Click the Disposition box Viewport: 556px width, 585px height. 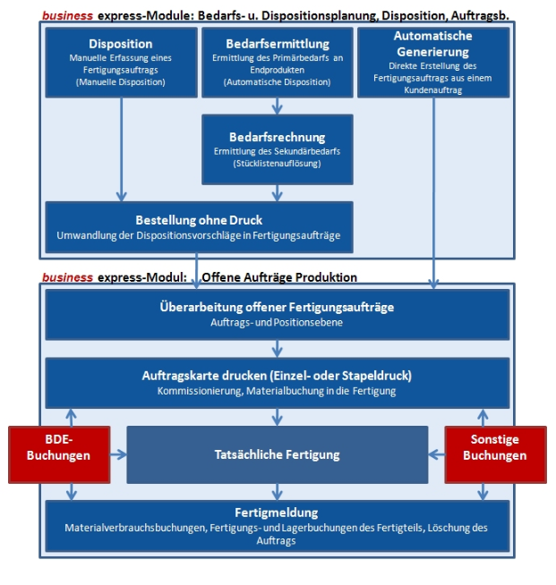coord(121,62)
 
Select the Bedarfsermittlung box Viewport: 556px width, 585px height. coord(278,62)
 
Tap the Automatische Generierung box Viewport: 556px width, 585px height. coord(433,62)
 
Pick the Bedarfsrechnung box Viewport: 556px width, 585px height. coord(278,148)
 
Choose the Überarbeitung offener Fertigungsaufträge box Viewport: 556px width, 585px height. coord(278,314)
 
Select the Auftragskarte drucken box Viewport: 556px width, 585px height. coord(278,383)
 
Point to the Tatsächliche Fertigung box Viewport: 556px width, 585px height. coord(278,454)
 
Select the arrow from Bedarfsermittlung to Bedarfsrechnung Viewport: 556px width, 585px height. coord(278,106)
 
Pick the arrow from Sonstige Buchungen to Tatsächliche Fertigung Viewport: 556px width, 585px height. coord(437,454)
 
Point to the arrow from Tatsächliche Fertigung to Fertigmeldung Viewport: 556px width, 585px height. coord(278,491)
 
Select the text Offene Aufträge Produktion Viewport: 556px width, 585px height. coord(280,277)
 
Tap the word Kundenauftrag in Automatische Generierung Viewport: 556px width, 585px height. coord(433,91)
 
